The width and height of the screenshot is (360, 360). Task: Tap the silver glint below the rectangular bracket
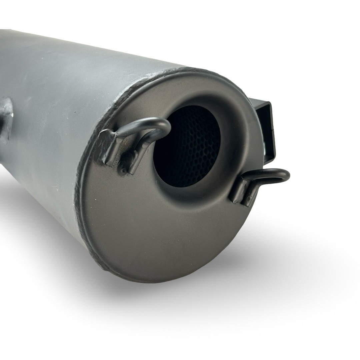coord(264,152)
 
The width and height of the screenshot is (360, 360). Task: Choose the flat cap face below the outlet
coord(167,233)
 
